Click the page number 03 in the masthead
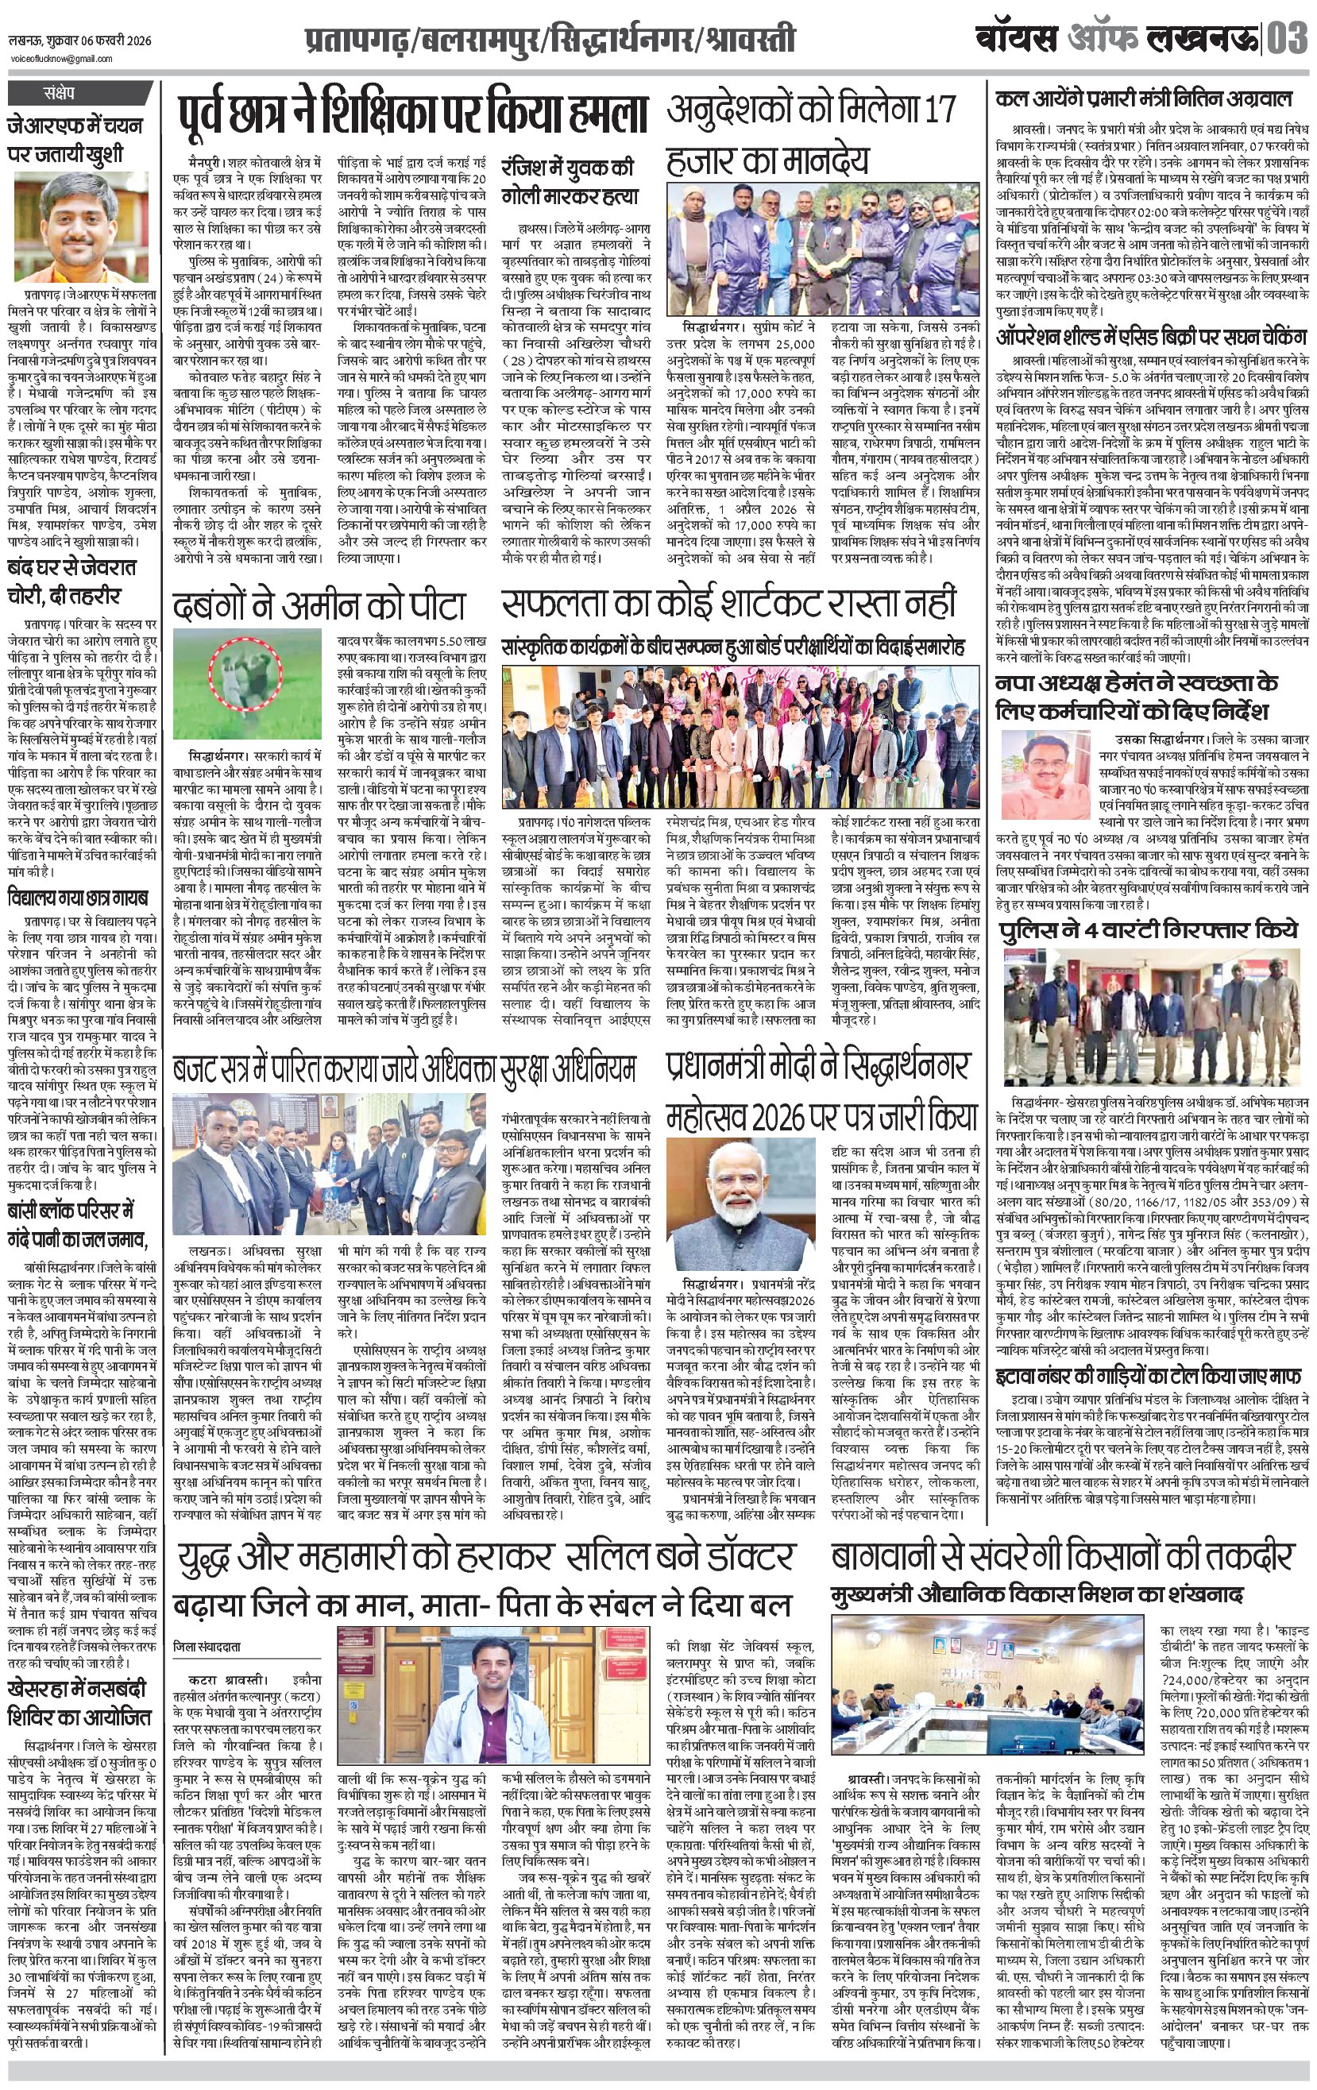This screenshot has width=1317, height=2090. click(1288, 39)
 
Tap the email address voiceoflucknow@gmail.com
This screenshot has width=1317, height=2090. click(62, 59)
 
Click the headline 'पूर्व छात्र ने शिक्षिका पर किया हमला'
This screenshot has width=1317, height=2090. click(415, 114)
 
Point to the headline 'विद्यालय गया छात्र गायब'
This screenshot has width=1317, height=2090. click(78, 897)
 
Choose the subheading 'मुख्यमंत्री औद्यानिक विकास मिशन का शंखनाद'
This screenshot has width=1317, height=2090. click(1037, 1594)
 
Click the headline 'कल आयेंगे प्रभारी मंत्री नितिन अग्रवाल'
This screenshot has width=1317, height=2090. click(1143, 99)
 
